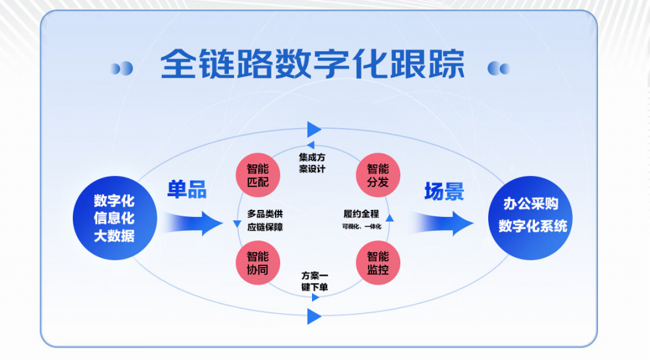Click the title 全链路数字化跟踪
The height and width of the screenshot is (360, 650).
(x=312, y=64)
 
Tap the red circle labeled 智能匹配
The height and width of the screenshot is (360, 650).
(x=258, y=175)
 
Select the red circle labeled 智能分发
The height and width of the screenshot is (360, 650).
(x=378, y=175)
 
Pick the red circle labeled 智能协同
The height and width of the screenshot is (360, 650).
(x=258, y=263)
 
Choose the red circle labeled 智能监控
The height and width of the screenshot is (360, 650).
(x=378, y=263)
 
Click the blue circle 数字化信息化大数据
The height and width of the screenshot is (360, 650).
(x=115, y=218)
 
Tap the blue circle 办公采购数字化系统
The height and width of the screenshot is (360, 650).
(x=530, y=218)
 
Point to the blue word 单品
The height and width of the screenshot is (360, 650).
(x=187, y=190)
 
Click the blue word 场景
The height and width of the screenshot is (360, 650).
(x=444, y=192)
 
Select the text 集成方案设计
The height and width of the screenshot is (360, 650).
(x=312, y=163)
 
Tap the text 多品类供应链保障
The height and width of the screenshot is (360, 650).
(x=265, y=220)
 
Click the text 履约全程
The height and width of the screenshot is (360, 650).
(x=361, y=214)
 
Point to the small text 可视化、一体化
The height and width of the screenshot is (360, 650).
(x=361, y=227)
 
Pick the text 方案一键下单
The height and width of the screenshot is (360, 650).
(x=315, y=281)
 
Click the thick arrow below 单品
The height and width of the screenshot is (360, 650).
(x=193, y=224)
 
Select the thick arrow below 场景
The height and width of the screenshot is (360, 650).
(x=443, y=224)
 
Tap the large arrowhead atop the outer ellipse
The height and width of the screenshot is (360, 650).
(x=314, y=130)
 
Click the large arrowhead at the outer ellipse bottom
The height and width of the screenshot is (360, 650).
(x=314, y=316)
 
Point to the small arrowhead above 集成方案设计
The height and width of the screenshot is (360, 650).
(x=311, y=145)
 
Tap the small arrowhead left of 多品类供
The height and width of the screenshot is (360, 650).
(x=237, y=224)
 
